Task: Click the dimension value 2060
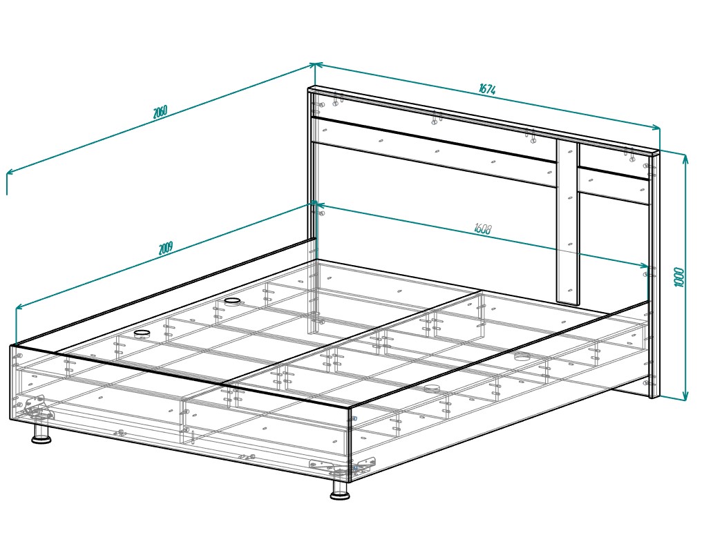tap(160, 112)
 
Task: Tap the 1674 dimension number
tap(487, 89)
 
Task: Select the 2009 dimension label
tap(166, 248)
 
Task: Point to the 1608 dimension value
tap(483, 228)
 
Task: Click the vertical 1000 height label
tap(679, 277)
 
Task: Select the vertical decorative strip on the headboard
tap(568, 222)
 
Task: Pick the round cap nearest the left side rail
tap(142, 333)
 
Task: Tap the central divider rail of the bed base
tap(353, 340)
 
